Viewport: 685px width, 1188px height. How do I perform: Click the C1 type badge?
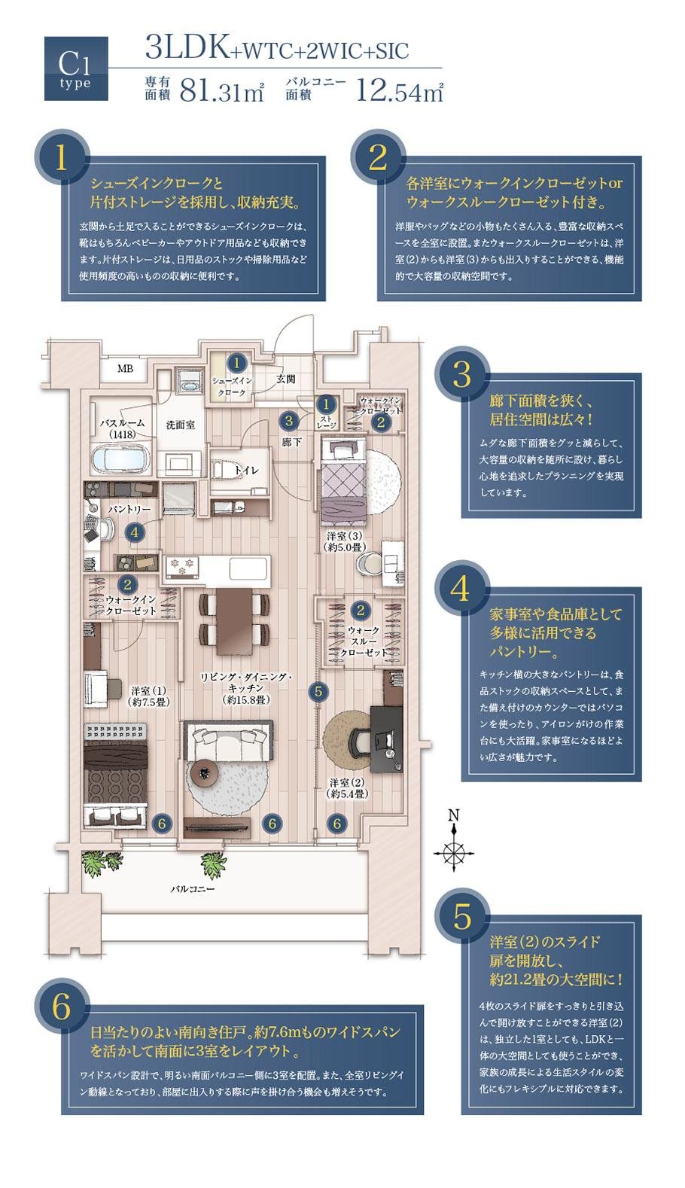(76, 69)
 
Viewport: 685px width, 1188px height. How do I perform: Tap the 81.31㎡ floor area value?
(222, 91)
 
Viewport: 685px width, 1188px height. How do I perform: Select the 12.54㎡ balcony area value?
(400, 91)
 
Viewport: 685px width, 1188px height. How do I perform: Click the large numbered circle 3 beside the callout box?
(461, 374)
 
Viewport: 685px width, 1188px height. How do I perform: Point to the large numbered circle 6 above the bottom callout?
(62, 1007)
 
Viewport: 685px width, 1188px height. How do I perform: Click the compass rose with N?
(454, 851)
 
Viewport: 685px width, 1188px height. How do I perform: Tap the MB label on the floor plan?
(124, 369)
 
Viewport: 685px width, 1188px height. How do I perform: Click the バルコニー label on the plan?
(192, 889)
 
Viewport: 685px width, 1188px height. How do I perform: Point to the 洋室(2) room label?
(347, 787)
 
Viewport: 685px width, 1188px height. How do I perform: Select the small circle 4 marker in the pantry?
(134, 532)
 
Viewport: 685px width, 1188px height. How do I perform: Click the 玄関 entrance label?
(285, 379)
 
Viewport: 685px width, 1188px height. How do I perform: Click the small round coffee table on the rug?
(205, 771)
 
